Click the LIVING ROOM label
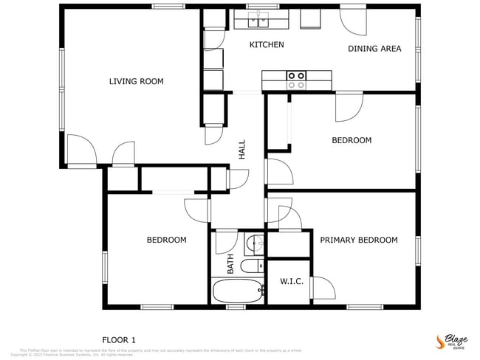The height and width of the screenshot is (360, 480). pos(136,81)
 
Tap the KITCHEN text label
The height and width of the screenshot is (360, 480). pos(266,45)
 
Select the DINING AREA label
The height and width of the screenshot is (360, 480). pos(374,49)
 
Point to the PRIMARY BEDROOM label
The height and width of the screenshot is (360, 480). pos(358,240)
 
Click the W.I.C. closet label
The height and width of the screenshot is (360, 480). pos(292,281)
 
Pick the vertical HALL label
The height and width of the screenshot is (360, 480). pos(242,150)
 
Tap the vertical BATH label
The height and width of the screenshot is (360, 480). pos(230,263)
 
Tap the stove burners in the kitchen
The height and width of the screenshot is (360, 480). pos(297,80)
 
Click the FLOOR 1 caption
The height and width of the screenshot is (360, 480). pos(118,340)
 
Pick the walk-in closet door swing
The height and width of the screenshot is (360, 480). pos(321,288)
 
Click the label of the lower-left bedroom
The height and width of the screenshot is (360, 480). pos(166,240)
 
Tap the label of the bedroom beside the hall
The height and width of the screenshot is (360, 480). pos(351,140)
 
